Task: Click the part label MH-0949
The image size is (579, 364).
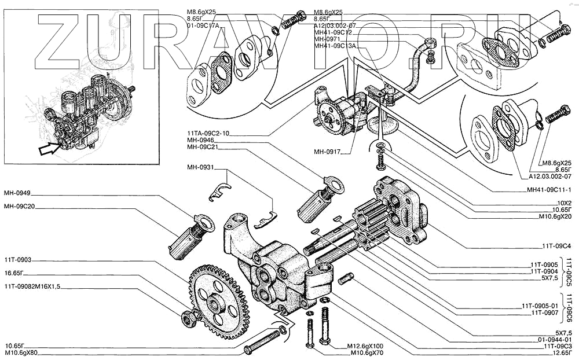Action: point(17,193)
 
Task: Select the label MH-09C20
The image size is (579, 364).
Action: point(19,206)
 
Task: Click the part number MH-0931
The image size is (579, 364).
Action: point(200,168)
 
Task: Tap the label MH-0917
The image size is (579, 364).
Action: point(328,153)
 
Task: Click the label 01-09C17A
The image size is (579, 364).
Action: point(203,26)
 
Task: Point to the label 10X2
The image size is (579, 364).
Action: point(563,203)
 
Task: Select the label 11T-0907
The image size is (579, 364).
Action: point(541,312)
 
